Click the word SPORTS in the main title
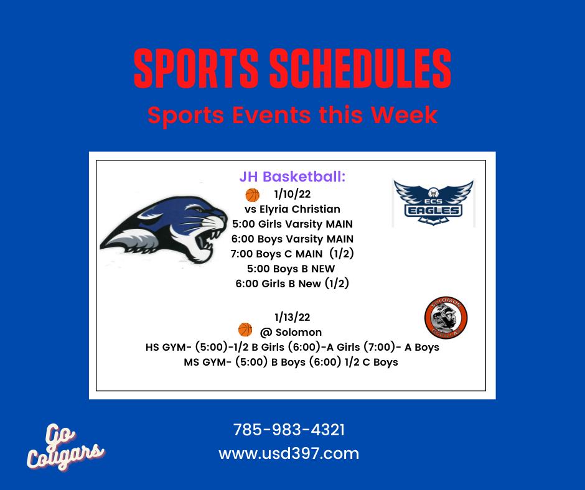196,68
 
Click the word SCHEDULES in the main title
360,68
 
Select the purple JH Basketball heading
292,177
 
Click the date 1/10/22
292,194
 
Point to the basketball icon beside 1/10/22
253,195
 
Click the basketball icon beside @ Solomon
245,330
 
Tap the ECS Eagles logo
434,203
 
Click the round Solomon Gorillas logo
446,318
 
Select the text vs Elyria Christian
292,209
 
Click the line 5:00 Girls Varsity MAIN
292,224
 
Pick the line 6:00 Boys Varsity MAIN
292,239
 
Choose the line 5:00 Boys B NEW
291,269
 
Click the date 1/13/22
292,317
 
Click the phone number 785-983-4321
289,430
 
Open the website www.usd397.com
289,453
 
